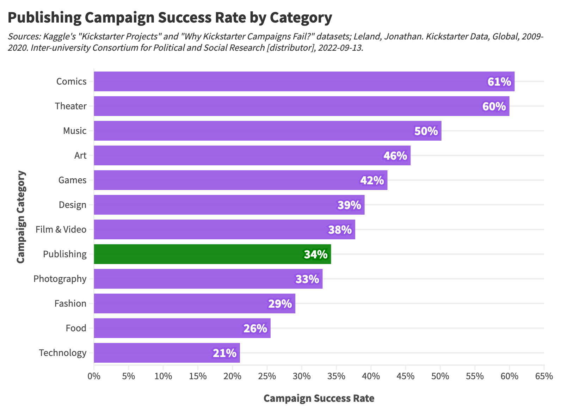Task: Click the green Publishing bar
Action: coord(212,254)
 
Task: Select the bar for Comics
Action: coord(304,81)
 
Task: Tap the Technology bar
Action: coord(167,353)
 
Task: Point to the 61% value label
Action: coord(499,82)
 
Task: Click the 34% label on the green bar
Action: coord(316,254)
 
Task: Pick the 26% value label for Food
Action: coord(255,328)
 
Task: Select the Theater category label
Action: coord(71,106)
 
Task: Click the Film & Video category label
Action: coord(61,229)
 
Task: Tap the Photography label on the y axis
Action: coord(60,279)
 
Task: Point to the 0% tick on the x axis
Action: coord(94,376)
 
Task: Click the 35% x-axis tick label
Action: coord(336,376)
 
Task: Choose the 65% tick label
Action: coord(544,376)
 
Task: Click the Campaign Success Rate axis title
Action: coord(319,398)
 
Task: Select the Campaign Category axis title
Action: coord(21,217)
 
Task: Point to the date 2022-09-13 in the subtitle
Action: coord(340,48)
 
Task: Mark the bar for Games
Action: coord(240,180)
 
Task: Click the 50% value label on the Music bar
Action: coord(426,131)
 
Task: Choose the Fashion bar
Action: coord(194,303)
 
